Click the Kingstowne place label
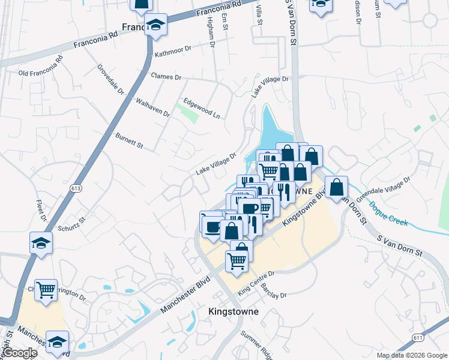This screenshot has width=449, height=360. click(234, 312)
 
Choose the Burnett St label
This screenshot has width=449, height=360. click(130, 141)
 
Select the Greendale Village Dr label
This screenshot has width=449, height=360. click(384, 188)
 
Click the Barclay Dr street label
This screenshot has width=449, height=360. click(274, 290)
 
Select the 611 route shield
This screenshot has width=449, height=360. click(418, 338)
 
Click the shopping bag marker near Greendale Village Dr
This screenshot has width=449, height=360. click(337, 188)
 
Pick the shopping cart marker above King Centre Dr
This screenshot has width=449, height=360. click(237, 261)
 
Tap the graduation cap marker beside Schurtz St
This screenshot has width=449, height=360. click(41, 243)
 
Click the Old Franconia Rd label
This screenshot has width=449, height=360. click(41, 67)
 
